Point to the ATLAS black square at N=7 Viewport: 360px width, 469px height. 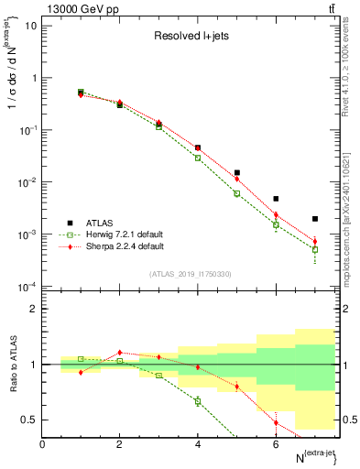[314, 219]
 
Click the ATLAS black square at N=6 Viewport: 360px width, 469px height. [276, 199]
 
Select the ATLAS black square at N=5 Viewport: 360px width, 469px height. [236, 172]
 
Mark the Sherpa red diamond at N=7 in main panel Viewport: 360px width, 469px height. [314, 242]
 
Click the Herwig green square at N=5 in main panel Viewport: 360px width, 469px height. [236, 193]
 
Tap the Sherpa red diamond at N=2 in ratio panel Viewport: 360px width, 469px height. [120, 352]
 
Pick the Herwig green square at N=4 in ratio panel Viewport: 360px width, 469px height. [198, 401]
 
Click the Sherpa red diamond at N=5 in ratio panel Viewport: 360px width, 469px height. [236, 386]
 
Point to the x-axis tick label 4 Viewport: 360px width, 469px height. [198, 444]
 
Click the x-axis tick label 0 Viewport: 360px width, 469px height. [42, 444]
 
